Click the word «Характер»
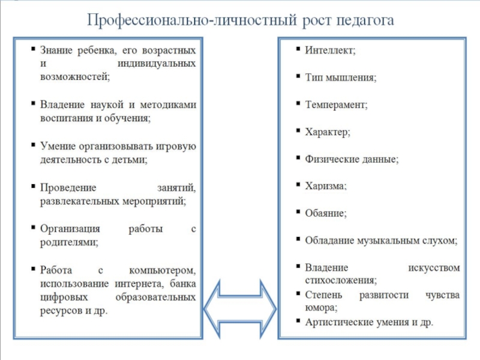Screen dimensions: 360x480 [327, 131]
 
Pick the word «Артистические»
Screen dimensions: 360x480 [340, 322]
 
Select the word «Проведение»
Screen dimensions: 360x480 [65, 188]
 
